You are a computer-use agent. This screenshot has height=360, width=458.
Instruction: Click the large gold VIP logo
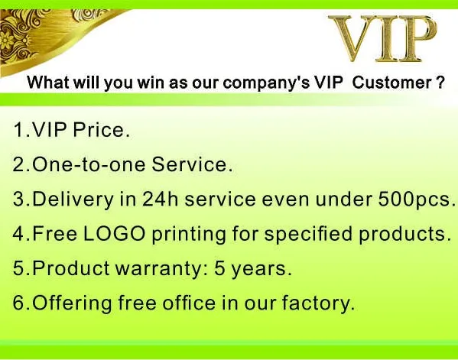[383, 38]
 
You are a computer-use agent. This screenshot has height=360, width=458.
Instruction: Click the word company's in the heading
[266, 83]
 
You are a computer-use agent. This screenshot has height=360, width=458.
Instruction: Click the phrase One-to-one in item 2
[89, 164]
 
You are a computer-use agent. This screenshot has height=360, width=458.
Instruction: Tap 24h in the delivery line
[161, 199]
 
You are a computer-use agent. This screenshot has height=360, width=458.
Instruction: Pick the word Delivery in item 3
[73, 199]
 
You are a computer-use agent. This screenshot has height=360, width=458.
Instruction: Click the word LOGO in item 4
[114, 234]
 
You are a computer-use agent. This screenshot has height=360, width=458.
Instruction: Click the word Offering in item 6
[72, 303]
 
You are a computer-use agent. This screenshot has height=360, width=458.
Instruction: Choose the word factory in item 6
[316, 303]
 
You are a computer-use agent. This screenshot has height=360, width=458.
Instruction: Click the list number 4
[19, 234]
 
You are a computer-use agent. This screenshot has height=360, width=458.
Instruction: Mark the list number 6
[19, 303]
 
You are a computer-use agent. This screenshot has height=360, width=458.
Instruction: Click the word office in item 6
[189, 303]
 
